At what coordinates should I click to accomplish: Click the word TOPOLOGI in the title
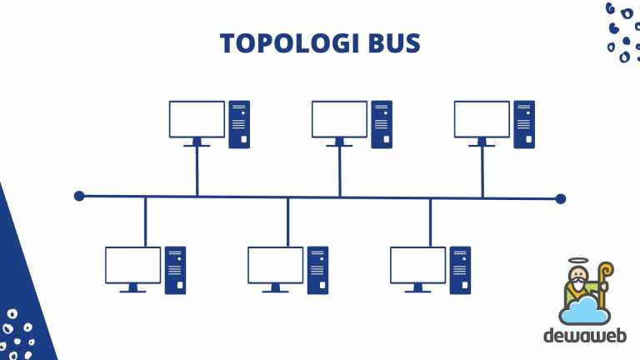coord(289,43)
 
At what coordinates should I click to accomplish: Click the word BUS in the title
coord(394,43)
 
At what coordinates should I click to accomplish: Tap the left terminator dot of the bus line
coord(79,197)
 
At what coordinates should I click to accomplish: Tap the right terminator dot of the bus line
coord(560,199)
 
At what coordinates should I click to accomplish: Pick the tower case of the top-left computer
coord(239,124)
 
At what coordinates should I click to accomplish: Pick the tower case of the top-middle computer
coord(382,124)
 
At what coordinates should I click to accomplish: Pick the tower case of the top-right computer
coord(524,124)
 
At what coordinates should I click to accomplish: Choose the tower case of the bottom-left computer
coord(175,270)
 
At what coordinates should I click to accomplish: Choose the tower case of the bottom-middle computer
coord(317,270)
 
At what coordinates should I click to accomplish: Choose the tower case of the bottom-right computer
coord(460,270)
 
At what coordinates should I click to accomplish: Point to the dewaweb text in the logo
coord(585,336)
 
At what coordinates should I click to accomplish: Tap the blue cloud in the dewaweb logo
coord(584,311)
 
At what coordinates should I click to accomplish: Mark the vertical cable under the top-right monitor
coord(482,172)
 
